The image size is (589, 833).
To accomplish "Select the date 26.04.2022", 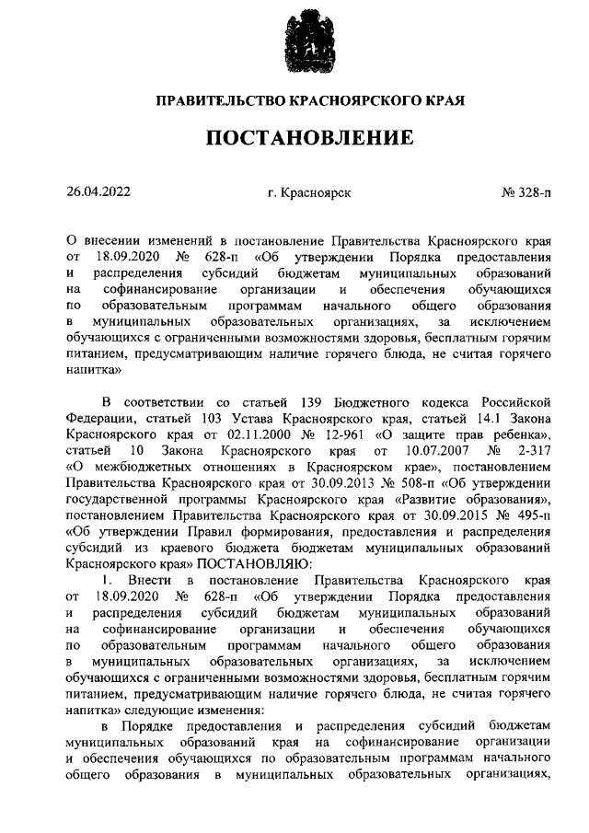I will [98, 192].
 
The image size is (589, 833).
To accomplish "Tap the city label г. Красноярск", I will [309, 193].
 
